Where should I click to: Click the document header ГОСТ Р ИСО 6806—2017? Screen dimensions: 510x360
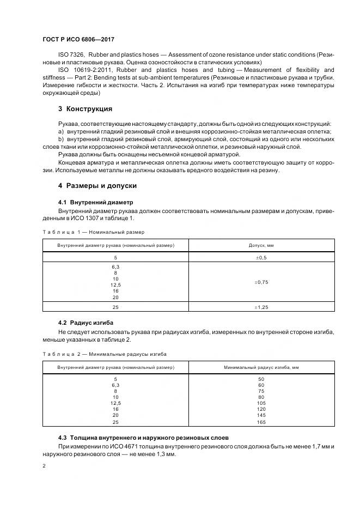pyautogui.click(x=77, y=39)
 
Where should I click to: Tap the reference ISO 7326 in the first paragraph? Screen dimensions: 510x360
pyautogui.click(x=69, y=54)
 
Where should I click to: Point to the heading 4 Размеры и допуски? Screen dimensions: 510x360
pyautogui.click(x=89, y=186)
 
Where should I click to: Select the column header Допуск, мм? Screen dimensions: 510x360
pyautogui.click(x=263, y=246)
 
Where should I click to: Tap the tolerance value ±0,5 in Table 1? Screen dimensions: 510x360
pyautogui.click(x=262, y=257)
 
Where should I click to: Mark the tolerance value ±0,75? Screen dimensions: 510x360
pyautogui.click(x=262, y=282)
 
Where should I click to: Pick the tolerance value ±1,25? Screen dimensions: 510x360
pyautogui.click(x=262, y=307)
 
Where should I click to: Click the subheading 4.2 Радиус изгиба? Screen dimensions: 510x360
pyautogui.click(x=86, y=323)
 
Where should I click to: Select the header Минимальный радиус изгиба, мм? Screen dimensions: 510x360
pyautogui.click(x=261, y=368)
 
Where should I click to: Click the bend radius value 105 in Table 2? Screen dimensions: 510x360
pyautogui.click(x=261, y=403)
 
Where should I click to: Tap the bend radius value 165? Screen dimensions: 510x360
pyautogui.click(x=261, y=422)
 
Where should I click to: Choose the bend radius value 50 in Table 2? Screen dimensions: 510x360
pyautogui.click(x=261, y=379)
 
